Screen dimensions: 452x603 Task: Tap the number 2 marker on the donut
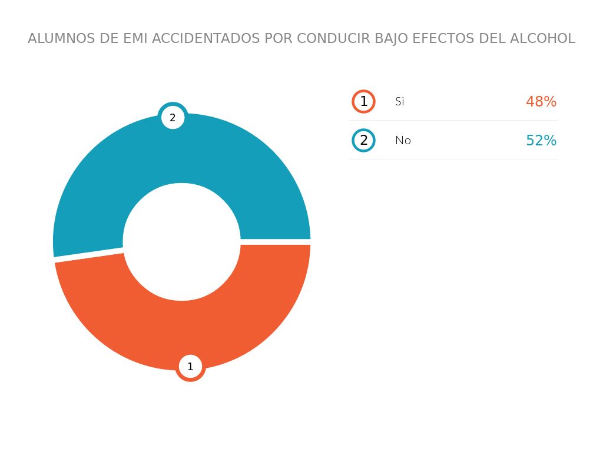point(173,118)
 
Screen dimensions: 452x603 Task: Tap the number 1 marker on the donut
point(190,367)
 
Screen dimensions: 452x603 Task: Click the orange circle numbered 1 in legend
point(364,101)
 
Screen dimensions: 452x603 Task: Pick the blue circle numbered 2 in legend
point(364,141)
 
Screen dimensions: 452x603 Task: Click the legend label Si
point(400,101)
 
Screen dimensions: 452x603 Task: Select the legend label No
point(403,141)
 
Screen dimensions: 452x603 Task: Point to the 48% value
point(541,102)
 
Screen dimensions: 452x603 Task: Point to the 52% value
point(541,141)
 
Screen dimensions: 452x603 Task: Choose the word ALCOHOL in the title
point(542,39)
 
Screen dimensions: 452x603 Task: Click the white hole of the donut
point(181,242)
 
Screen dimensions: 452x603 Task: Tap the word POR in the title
point(279,39)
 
